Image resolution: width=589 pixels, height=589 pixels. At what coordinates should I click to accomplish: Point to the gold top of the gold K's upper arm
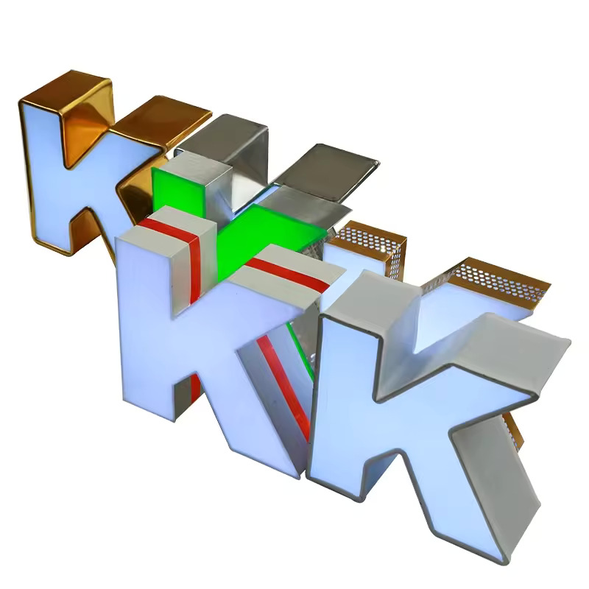tap(161, 121)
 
